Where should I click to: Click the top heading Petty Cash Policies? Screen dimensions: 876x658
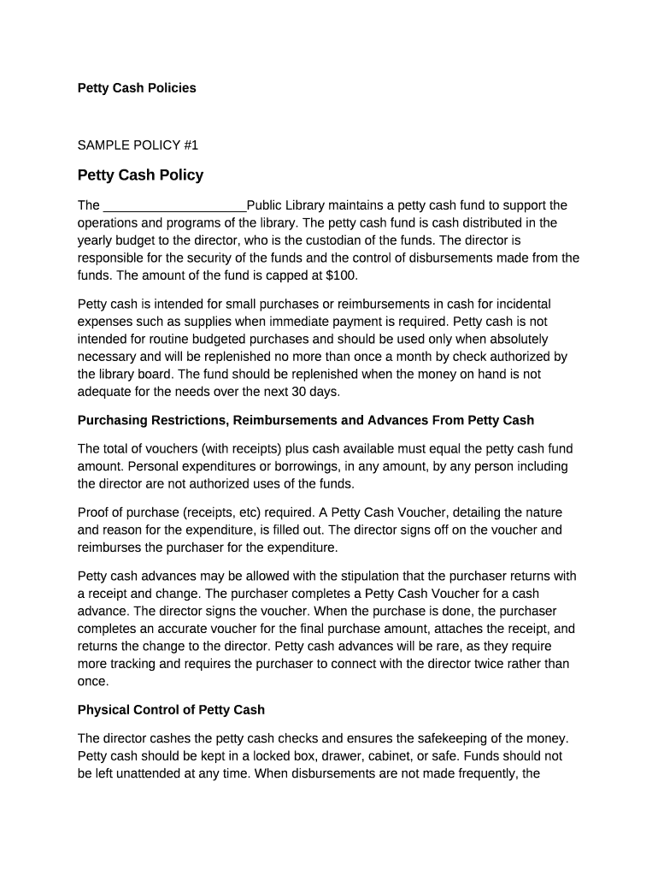pyautogui.click(x=137, y=88)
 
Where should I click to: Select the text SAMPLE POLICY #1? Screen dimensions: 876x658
pyautogui.click(x=138, y=145)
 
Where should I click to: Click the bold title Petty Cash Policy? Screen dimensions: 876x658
pyautogui.click(x=140, y=175)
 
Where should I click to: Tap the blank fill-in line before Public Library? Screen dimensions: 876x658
pyautogui.click(x=174, y=206)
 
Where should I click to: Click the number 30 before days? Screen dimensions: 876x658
pyautogui.click(x=287, y=392)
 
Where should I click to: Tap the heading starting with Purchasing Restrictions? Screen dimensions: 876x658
pyautogui.click(x=305, y=420)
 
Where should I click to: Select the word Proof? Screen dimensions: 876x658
pyautogui.click(x=94, y=512)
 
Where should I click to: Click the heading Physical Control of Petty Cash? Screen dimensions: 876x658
pyautogui.click(x=171, y=710)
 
